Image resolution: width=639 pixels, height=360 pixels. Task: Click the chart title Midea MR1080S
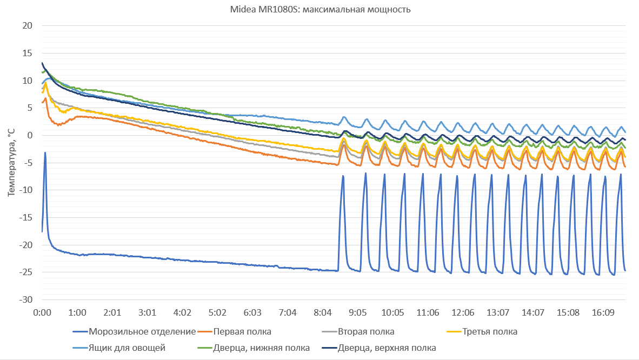click(319, 10)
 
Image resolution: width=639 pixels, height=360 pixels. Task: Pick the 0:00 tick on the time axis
click(42, 312)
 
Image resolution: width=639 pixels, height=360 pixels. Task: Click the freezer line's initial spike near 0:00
click(45, 153)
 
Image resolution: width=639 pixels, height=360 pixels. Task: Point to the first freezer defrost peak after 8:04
click(343, 176)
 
